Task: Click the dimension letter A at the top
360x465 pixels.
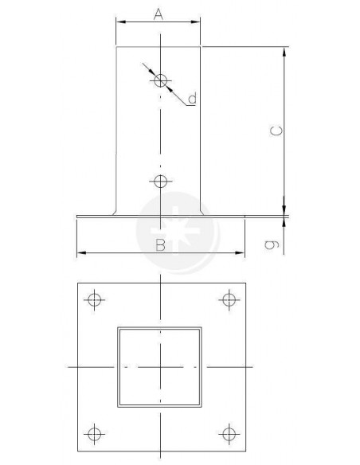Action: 158,14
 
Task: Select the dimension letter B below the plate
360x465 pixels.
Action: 160,245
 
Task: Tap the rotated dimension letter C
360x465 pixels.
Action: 276,131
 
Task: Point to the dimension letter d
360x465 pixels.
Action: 193,98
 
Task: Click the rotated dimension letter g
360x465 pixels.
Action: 272,244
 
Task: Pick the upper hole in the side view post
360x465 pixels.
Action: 161,80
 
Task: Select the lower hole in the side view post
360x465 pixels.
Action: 161,182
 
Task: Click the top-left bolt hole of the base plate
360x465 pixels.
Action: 94,300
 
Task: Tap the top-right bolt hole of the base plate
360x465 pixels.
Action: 229,300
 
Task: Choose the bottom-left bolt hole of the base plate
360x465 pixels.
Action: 94,434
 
